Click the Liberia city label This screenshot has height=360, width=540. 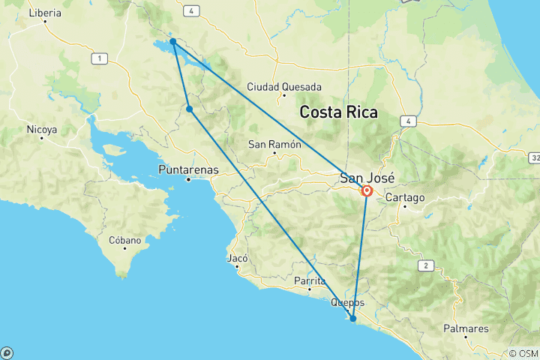[x=45, y=13]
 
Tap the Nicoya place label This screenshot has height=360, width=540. [x=42, y=130]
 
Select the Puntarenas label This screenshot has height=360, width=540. [x=189, y=169]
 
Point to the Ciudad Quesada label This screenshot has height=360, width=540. [x=284, y=86]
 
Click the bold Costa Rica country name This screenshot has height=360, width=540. [x=338, y=112]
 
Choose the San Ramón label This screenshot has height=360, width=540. [x=273, y=144]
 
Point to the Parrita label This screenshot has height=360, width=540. [x=310, y=280]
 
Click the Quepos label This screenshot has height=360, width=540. [x=347, y=302]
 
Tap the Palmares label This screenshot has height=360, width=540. [x=465, y=328]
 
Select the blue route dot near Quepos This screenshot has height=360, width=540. [x=352, y=319]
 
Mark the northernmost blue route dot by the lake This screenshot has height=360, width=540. [x=172, y=42]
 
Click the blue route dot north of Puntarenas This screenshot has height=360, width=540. [x=189, y=109]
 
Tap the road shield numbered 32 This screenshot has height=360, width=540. [x=533, y=158]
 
